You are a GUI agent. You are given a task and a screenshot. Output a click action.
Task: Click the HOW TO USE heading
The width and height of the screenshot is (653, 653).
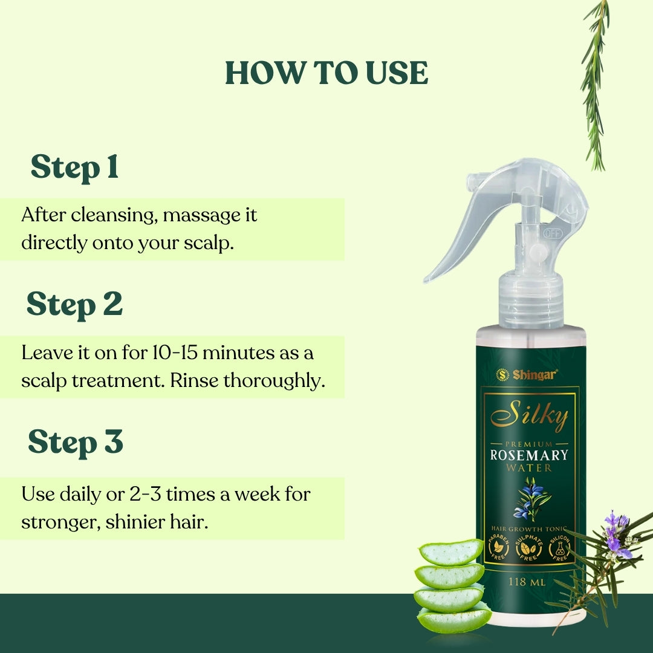326,73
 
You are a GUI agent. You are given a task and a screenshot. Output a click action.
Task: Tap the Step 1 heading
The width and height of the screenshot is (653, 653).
75,167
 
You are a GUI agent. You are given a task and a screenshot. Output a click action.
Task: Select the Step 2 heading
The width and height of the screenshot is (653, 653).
74,304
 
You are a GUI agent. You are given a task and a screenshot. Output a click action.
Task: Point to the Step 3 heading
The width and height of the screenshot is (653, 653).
76,442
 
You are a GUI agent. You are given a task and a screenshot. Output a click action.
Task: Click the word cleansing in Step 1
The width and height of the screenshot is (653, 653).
114,216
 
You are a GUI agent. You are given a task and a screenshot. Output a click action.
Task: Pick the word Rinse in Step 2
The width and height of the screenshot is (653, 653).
194,380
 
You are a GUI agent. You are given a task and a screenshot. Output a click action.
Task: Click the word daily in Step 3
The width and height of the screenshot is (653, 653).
80,495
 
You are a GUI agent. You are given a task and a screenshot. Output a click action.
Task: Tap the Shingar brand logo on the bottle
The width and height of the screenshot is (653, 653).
527,375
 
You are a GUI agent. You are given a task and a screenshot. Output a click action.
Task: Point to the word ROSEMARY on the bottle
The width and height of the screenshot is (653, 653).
529,455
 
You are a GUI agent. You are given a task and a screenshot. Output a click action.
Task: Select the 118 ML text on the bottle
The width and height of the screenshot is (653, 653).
527,582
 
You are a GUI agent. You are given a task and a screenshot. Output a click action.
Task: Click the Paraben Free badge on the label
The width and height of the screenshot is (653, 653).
498,547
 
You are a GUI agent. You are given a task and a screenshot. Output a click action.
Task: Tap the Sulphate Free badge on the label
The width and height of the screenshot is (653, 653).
528,548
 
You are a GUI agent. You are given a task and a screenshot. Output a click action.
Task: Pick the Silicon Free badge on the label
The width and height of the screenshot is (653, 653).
560,548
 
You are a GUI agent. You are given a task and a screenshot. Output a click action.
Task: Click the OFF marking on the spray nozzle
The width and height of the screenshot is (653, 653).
553,233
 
